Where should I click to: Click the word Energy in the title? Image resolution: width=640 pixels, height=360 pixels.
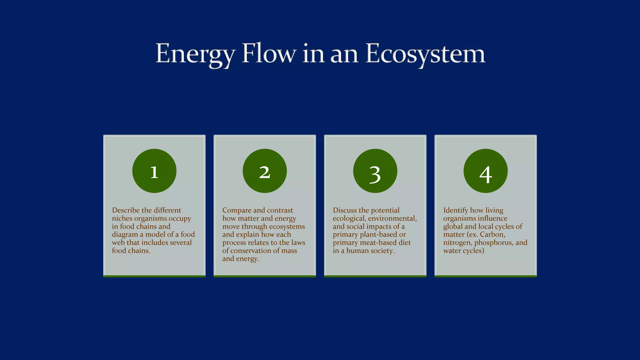[195, 54]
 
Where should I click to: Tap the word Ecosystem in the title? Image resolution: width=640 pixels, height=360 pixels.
[425, 54]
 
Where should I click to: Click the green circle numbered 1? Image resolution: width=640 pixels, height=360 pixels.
[154, 171]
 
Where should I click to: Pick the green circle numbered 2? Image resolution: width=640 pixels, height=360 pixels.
[265, 171]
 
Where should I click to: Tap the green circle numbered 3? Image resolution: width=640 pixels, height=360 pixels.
[375, 171]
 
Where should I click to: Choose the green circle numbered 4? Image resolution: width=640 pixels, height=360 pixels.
[485, 171]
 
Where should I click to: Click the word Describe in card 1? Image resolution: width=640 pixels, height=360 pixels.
[126, 210]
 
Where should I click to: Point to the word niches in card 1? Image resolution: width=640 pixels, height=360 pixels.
[122, 218]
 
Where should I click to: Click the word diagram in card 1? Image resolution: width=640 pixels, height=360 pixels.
[125, 235]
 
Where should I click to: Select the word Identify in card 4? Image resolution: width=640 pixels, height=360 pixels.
[456, 210]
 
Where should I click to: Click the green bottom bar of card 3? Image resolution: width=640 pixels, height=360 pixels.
[375, 276]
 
